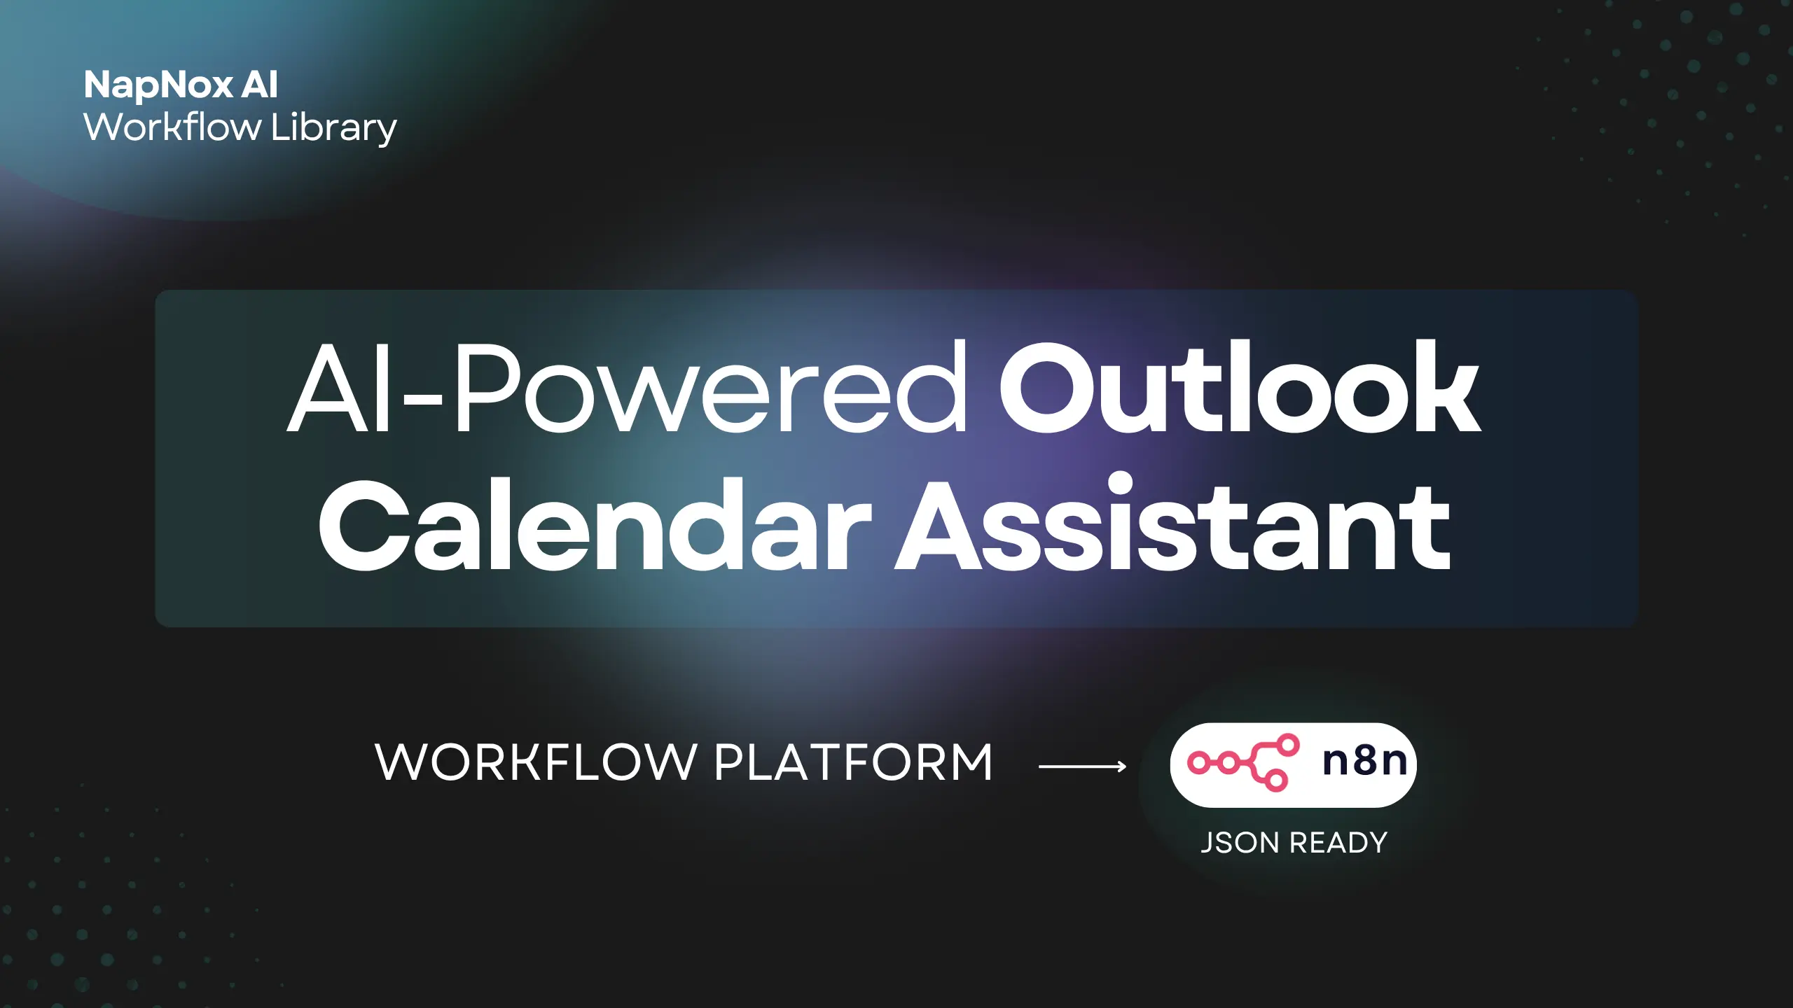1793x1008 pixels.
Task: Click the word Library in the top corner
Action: click(334, 129)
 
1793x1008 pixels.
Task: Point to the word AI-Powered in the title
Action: click(628, 387)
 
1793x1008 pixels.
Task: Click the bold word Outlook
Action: click(1240, 386)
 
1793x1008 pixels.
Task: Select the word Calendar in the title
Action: click(596, 524)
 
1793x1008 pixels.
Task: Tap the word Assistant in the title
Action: click(1174, 521)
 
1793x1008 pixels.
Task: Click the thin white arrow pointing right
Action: click(1083, 766)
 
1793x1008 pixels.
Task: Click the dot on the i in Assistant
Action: click(1112, 485)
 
